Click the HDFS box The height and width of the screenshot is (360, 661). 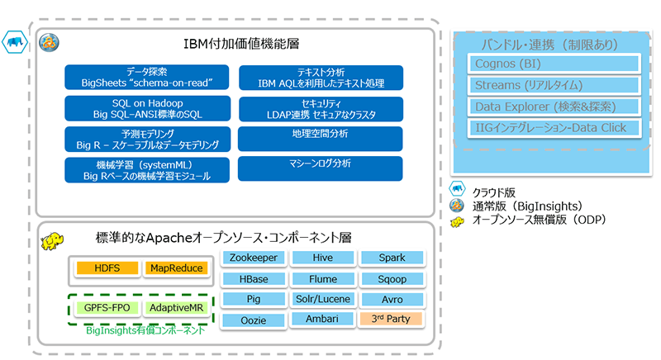[107, 268]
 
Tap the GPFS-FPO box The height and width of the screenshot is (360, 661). [107, 308]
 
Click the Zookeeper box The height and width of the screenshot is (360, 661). [254, 258]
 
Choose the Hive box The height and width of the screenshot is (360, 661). [322, 258]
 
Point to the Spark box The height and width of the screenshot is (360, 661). [392, 258]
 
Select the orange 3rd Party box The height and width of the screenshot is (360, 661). [392, 318]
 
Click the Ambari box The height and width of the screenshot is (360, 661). [322, 318]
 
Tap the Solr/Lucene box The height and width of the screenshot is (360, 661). [322, 298]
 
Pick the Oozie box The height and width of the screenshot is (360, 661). [254, 320]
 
